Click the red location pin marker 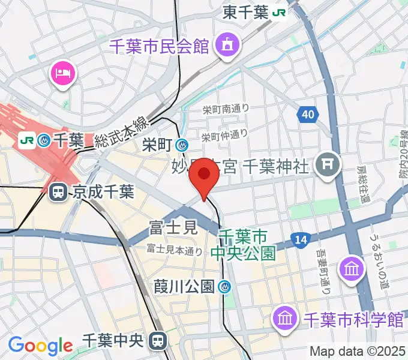click(205, 176)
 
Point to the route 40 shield click(307, 114)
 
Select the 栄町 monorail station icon click(182, 145)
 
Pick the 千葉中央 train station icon click(159, 341)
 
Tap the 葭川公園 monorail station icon click(225, 287)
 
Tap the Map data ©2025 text click(357, 351)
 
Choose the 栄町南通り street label click(225, 109)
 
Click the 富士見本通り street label click(174, 251)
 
